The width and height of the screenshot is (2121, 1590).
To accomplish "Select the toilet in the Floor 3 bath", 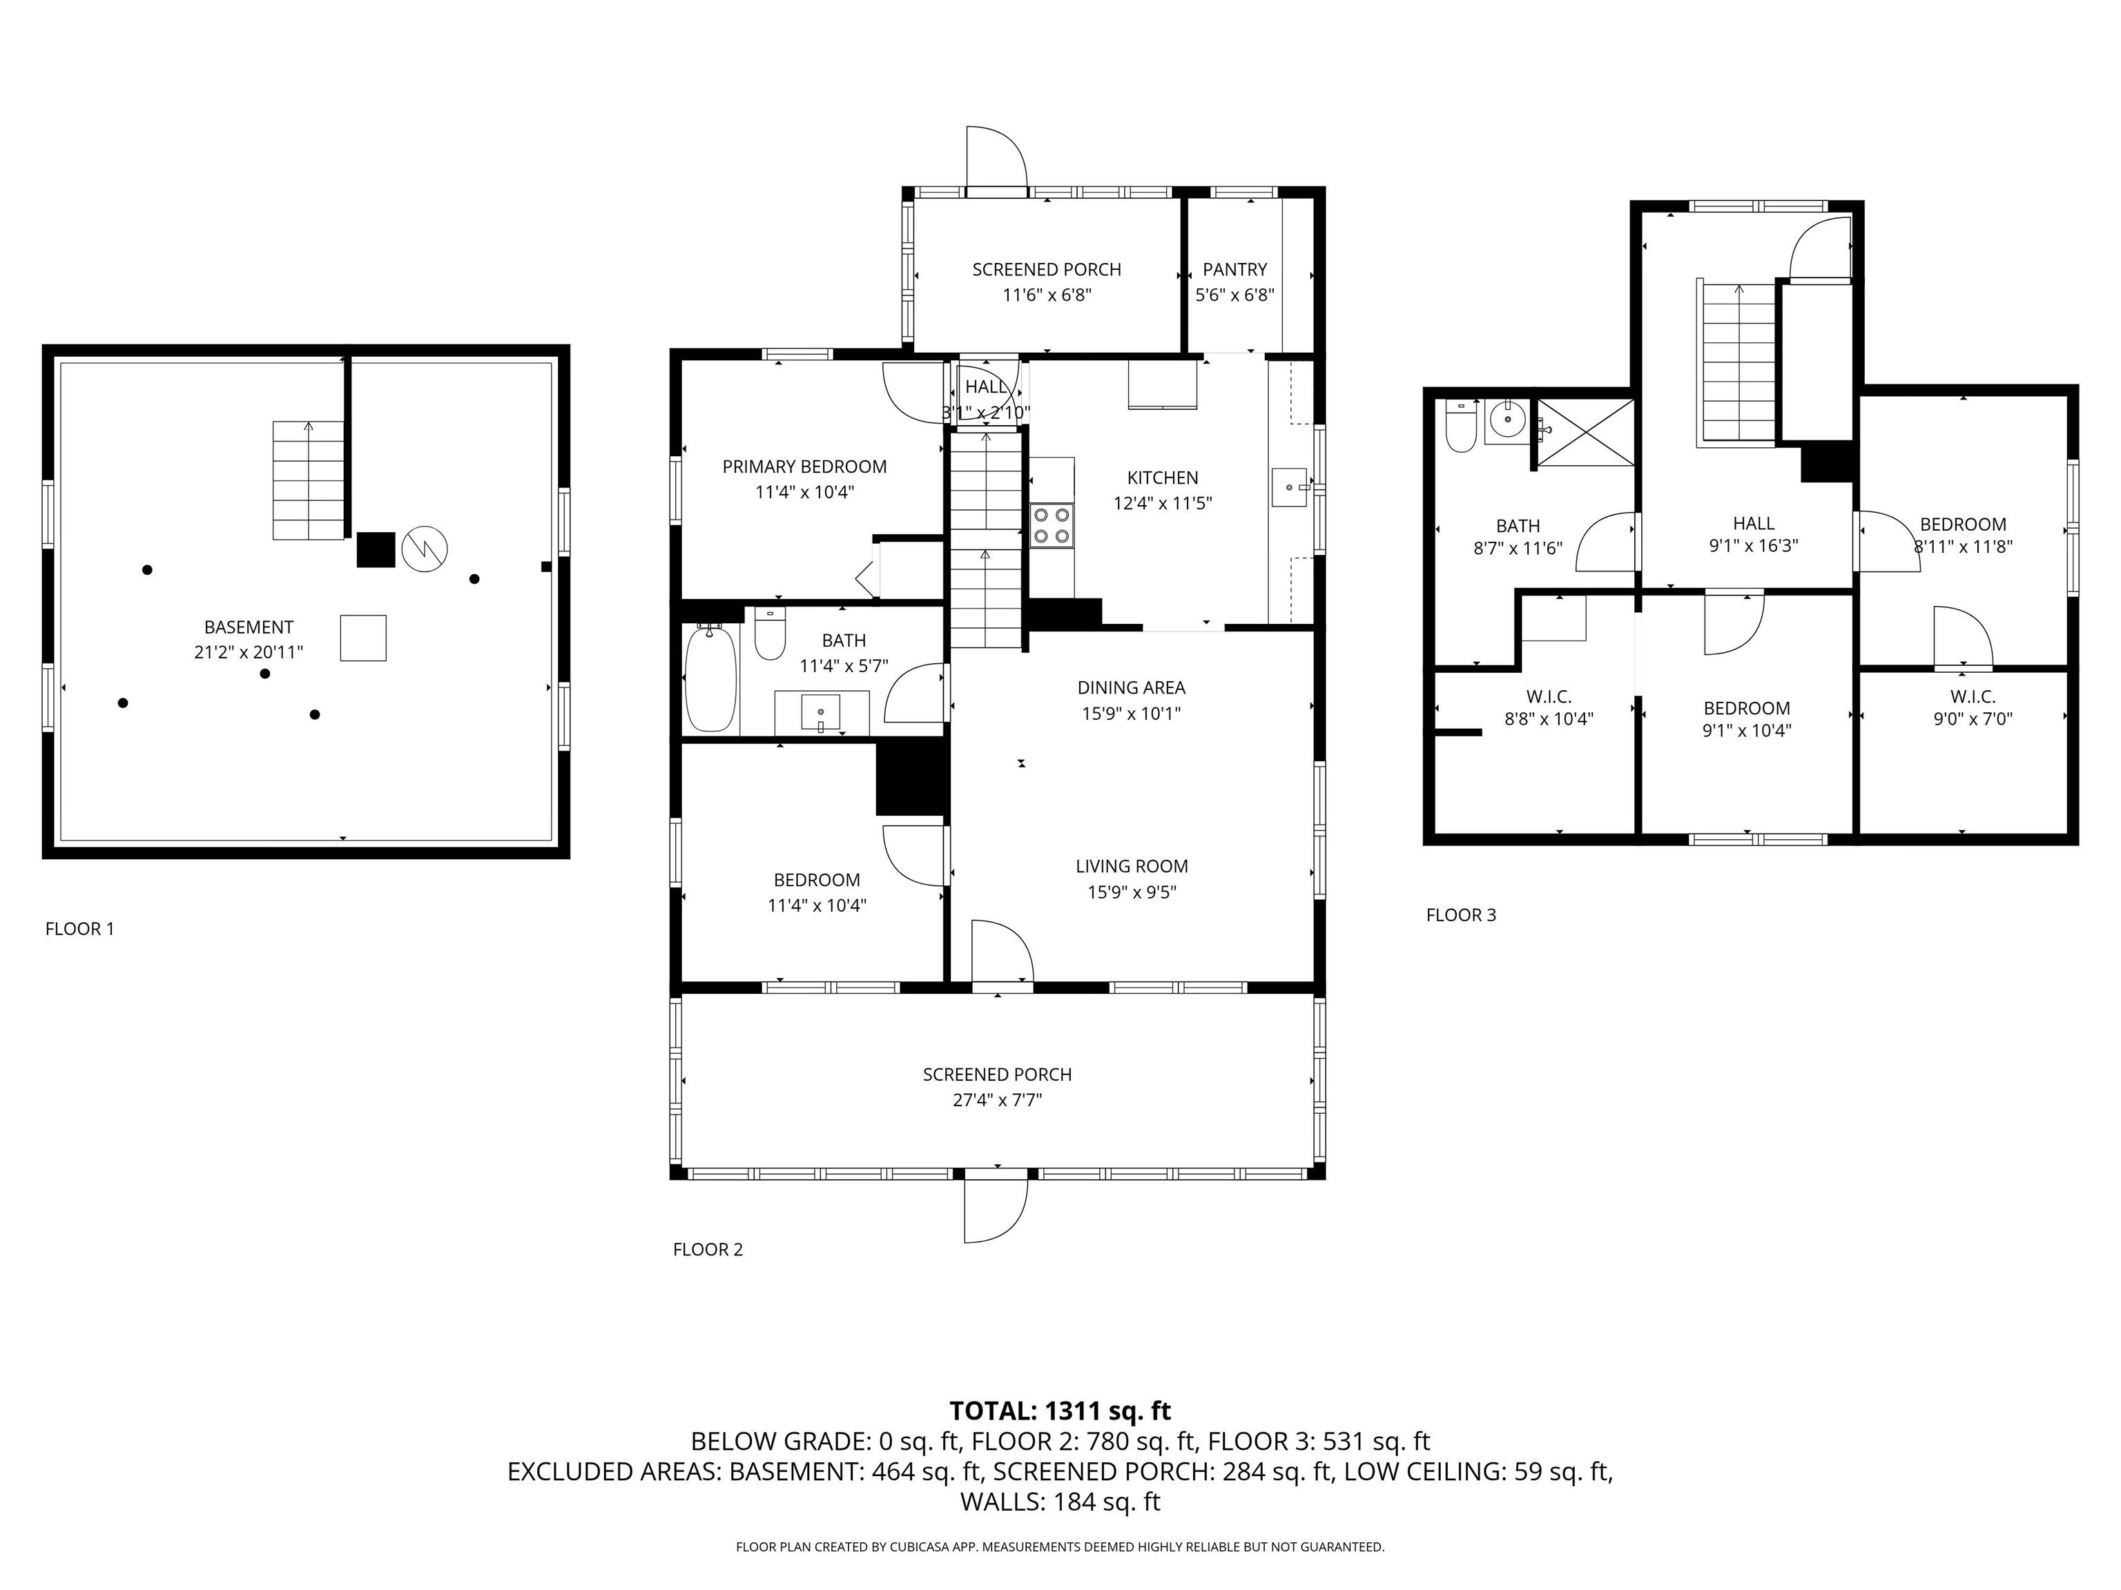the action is pos(1460,426).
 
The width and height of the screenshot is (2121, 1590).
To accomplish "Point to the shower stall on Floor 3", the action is pos(1585,433).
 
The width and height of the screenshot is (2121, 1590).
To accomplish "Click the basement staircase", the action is pos(308,480).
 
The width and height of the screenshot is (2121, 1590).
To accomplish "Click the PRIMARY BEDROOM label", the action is pos(804,467).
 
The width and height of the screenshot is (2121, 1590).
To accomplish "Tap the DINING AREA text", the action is pos(1132,687).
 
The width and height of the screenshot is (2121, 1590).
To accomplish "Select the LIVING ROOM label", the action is pos(1132,866).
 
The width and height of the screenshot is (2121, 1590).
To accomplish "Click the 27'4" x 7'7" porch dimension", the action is pos(997,1099).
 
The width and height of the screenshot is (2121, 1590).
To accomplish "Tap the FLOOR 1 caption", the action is pos(79,929).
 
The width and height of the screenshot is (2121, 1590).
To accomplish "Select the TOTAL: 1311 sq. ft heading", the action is pos(1060,1411).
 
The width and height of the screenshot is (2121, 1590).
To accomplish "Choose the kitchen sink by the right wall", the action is pos(1290,487).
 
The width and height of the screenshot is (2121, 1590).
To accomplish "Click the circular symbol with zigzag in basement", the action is pos(424,549).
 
